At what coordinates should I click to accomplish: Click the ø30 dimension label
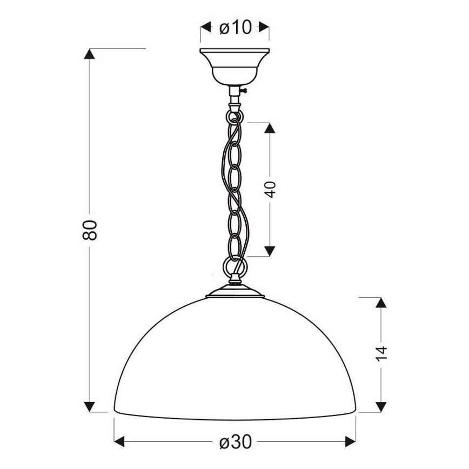tap(236, 441)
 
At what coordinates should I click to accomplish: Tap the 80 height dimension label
tap(91, 230)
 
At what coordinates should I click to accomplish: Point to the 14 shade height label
tap(381, 353)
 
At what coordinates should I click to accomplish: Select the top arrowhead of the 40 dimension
tap(270, 129)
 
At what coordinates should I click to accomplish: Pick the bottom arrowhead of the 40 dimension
tap(270, 250)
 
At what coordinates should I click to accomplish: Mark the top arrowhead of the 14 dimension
tap(381, 304)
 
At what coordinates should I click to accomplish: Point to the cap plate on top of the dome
tap(236, 294)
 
